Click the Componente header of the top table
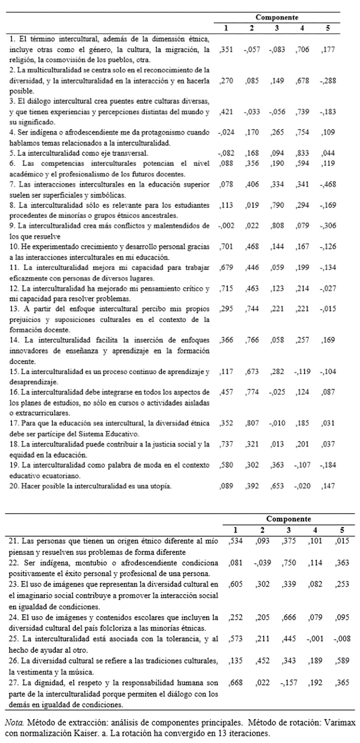pyautogui.click(x=277, y=17)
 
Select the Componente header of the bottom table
pyautogui.click(x=289, y=519)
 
